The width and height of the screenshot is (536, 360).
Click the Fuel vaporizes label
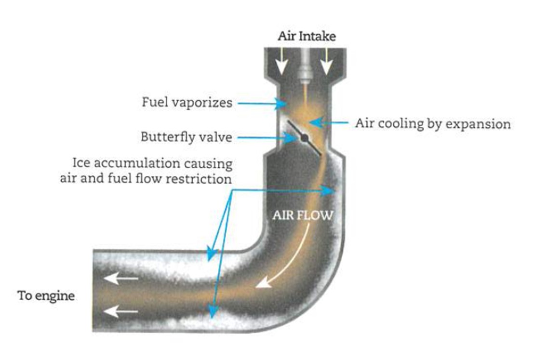(x=187, y=103)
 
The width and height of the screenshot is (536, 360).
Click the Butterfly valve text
(x=186, y=137)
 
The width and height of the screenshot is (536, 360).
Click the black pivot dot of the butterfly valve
(x=305, y=138)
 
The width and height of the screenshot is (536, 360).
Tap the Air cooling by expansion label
(x=432, y=123)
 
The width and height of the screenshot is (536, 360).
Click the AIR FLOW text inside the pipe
(x=302, y=215)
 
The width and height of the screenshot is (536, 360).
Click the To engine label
(x=46, y=295)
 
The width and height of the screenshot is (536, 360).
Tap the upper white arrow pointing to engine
(x=121, y=278)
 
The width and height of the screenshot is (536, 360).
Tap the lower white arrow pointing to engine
(x=121, y=312)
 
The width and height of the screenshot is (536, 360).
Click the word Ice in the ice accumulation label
(x=80, y=164)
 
